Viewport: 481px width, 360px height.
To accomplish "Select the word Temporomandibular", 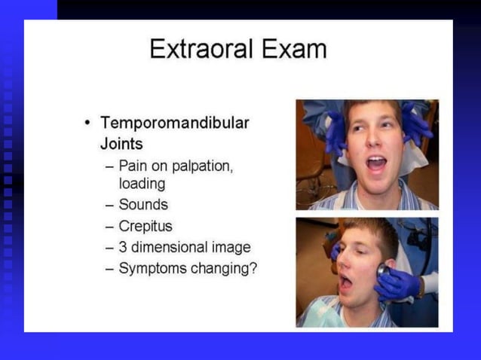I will (175, 122).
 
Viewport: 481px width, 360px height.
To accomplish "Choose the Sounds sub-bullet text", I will (143, 204).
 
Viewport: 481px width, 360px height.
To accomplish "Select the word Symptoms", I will (152, 267).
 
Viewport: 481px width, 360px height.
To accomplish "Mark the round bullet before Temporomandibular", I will (88, 122).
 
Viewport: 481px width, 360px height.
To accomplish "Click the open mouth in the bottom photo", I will (345, 282).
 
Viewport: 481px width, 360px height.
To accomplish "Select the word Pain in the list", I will (134, 166).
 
